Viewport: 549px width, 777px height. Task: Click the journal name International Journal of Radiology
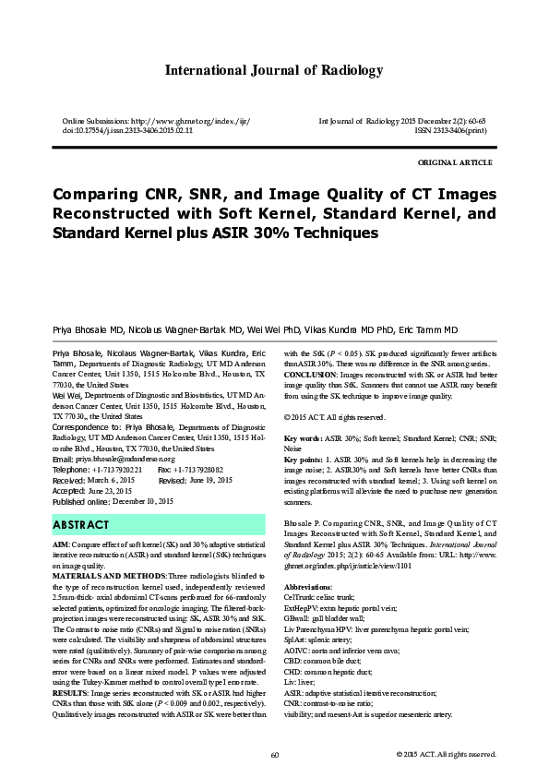[x=273, y=70]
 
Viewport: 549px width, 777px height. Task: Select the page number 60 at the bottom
[x=274, y=755]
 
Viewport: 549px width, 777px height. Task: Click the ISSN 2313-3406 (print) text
[x=455, y=131]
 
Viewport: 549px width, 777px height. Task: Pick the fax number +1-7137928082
[x=201, y=470]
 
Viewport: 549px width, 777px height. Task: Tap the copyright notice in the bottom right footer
[x=446, y=755]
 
